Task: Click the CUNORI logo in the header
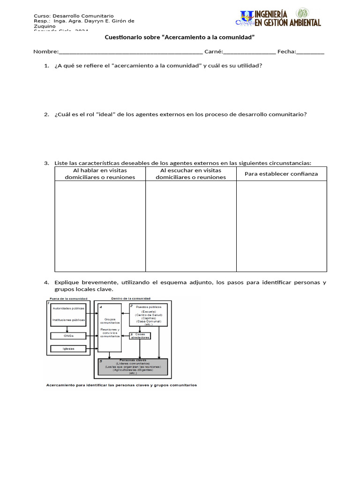245,18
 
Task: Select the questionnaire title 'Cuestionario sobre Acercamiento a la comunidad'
179,37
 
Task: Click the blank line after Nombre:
131,52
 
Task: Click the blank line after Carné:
249,52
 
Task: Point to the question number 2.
46,114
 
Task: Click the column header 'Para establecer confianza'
281,174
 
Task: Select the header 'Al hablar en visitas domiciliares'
100,174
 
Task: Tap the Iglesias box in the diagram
68,349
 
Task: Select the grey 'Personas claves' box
133,367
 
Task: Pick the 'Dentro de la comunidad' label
132,299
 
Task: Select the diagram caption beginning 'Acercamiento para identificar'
121,385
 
